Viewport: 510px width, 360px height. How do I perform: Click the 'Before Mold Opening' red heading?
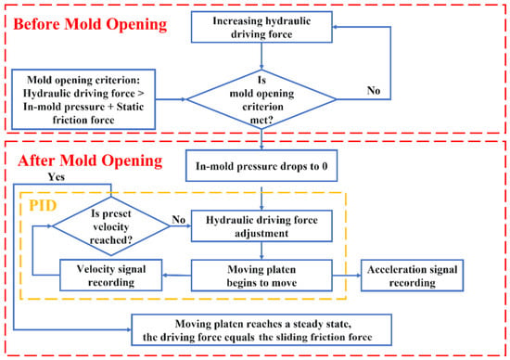point(90,24)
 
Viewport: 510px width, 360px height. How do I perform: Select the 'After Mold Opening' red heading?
point(90,161)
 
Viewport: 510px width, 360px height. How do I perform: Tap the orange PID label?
point(43,205)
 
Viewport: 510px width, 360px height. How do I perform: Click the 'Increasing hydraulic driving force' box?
point(261,27)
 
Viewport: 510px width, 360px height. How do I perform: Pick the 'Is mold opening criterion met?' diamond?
point(261,99)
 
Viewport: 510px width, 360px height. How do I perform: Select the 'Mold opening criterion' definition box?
point(83,99)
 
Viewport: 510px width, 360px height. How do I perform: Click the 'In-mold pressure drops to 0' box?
point(261,166)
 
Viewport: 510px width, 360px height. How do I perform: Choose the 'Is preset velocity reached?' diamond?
point(111,226)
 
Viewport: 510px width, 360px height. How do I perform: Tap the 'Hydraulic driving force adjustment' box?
point(261,226)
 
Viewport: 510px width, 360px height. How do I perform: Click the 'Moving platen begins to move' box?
point(261,276)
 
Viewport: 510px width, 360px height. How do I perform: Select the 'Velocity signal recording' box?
point(111,275)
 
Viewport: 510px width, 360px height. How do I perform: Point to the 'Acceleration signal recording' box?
point(412,276)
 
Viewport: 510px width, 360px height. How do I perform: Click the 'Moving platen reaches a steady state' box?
point(261,329)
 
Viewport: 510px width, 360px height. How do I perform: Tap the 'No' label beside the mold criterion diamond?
point(374,90)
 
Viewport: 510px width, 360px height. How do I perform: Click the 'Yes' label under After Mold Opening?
point(57,176)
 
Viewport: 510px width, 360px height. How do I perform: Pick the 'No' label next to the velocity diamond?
point(179,220)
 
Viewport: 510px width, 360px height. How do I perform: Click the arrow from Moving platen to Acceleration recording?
point(347,276)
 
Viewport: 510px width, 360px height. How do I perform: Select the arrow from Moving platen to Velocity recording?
point(176,276)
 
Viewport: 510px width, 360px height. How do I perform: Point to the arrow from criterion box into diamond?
point(172,99)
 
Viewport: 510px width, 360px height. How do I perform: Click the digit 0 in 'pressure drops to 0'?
point(325,166)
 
